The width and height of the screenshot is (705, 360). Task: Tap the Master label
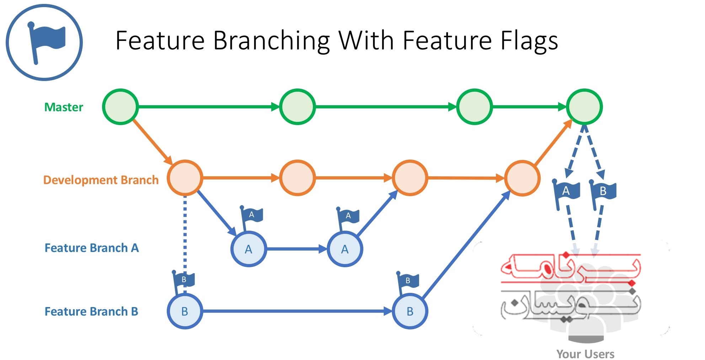64,107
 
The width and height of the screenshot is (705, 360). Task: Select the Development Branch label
101,180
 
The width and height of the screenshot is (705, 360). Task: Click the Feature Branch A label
91,248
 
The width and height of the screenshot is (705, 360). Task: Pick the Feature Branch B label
91,311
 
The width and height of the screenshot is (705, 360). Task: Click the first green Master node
120,107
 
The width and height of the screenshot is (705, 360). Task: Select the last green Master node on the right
584,107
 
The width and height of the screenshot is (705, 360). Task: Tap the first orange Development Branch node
185,178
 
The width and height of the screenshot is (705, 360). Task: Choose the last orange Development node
522,178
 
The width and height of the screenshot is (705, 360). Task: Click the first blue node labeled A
249,249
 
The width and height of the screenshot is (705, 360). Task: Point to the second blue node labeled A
345,249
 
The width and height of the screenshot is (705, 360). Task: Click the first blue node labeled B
185,311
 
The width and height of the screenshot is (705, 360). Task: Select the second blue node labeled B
410,311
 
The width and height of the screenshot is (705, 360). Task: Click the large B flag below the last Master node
604,192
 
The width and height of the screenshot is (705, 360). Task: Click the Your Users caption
585,354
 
